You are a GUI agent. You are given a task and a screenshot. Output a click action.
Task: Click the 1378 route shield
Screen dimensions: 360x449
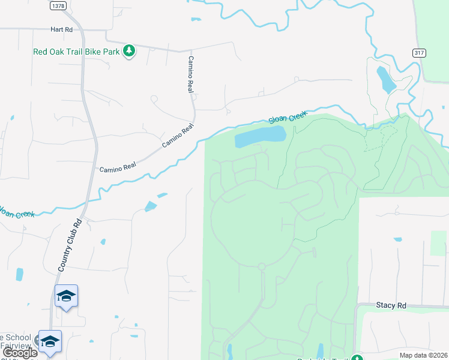(58, 6)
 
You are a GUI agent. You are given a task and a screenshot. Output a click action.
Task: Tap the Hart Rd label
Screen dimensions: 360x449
(62, 29)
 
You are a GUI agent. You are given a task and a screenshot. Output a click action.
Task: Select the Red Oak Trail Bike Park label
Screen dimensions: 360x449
(77, 52)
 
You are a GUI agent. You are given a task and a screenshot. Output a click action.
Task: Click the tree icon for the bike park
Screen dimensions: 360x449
(129, 51)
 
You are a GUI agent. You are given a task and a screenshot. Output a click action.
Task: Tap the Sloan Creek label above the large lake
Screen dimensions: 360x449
(288, 117)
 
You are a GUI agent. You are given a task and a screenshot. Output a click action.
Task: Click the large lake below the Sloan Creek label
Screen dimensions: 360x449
(260, 137)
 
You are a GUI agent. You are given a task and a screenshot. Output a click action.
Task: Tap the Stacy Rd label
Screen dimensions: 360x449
(391, 305)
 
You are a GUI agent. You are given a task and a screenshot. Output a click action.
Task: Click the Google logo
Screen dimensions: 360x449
(19, 353)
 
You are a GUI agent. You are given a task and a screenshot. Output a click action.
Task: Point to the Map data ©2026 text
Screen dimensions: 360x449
(423, 355)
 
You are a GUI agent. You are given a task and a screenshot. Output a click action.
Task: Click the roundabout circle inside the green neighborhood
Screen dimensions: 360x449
(261, 266)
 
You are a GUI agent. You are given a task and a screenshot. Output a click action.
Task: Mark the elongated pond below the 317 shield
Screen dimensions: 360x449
(384, 79)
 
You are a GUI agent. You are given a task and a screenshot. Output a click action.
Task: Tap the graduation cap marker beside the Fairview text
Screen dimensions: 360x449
(50, 341)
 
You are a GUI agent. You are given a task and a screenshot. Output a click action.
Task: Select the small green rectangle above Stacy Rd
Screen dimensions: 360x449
(438, 242)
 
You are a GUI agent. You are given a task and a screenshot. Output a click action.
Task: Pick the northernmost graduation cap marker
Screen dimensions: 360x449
(66, 296)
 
